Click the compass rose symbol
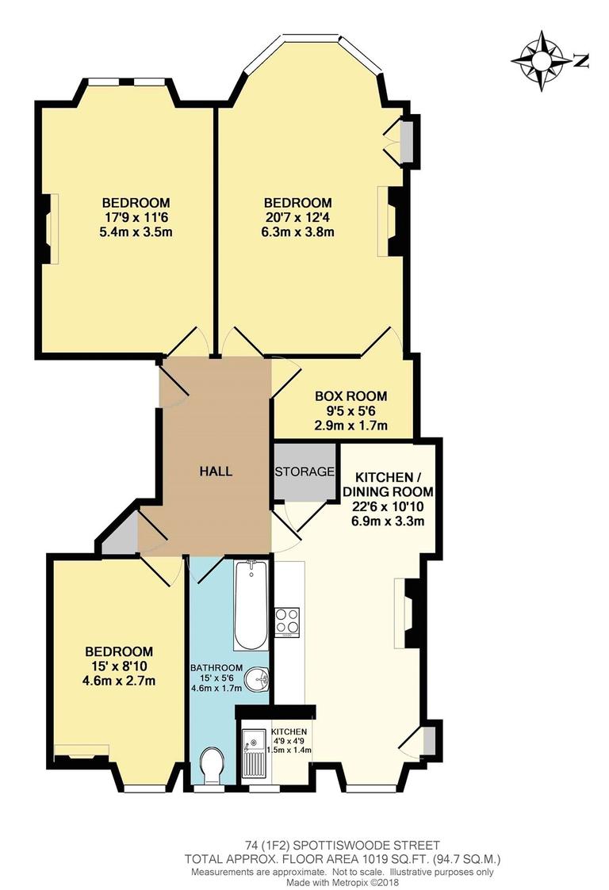(542, 61)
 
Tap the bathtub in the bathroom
(250, 605)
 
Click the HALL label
(216, 471)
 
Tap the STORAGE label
(304, 472)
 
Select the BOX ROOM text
(351, 396)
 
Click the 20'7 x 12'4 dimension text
(298, 217)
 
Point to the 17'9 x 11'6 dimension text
(136, 217)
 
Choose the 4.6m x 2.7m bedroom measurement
(119, 681)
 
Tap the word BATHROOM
(216, 668)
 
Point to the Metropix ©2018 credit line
(343, 883)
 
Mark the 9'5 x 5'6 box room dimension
(351, 411)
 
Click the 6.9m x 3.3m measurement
(389, 521)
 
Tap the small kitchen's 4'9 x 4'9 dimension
(289, 741)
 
